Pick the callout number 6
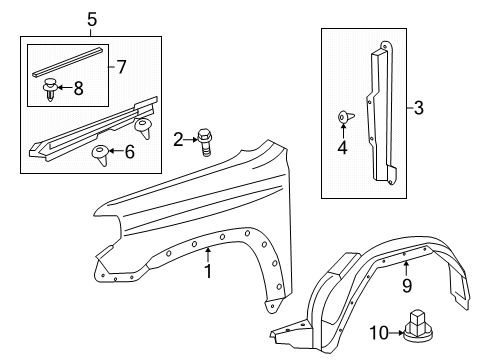tap(128, 151)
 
